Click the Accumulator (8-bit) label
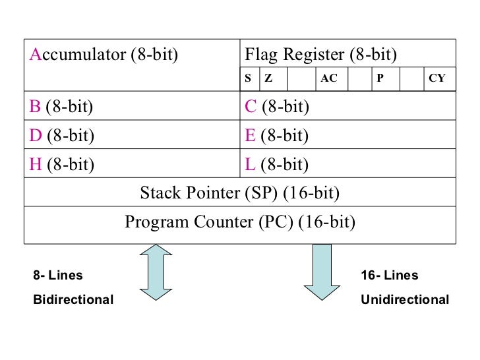point(104,54)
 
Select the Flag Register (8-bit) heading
point(321,54)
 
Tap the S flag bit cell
point(249,78)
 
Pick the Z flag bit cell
point(268,78)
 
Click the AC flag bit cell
point(329,78)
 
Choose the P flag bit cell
point(380,78)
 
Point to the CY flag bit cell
point(437,78)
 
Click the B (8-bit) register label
point(61,106)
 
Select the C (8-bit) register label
point(277,106)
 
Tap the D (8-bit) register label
point(62,135)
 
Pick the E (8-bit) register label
point(276,135)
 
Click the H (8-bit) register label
point(62,164)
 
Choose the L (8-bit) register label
point(276,164)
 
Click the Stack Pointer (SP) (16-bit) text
point(240,193)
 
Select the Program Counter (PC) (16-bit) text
point(240,222)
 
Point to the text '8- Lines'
point(59,276)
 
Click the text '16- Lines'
point(390,276)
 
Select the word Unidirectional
point(405,300)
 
